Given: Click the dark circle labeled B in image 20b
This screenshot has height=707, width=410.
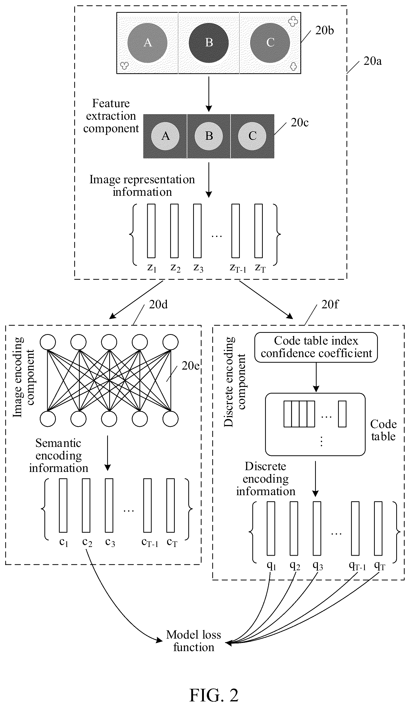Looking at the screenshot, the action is pos(209,43).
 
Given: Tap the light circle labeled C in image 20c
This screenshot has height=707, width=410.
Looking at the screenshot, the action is pos(252,136).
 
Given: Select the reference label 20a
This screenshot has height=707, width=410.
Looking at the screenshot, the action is pos(372,61).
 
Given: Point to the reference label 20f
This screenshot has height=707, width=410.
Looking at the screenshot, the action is pos(330,304).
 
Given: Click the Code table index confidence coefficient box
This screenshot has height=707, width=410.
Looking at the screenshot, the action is pos(316,347).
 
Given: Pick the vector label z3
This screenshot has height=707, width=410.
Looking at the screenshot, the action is pos(198,268).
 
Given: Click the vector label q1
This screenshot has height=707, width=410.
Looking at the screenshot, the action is pos(271,566).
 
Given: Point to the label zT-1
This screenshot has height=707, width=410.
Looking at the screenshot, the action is pos(238,268).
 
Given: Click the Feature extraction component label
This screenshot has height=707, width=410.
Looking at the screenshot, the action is pos(111,116).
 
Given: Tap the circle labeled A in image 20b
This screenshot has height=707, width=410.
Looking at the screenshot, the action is pos(147,43).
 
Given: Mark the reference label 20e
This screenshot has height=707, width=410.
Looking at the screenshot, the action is pos(190,365).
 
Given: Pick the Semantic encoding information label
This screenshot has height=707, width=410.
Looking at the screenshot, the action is pos(59,455).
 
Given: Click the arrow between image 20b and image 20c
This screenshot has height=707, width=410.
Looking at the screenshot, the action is pos(209,94).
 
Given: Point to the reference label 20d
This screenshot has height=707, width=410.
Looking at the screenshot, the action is pos(158,304).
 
